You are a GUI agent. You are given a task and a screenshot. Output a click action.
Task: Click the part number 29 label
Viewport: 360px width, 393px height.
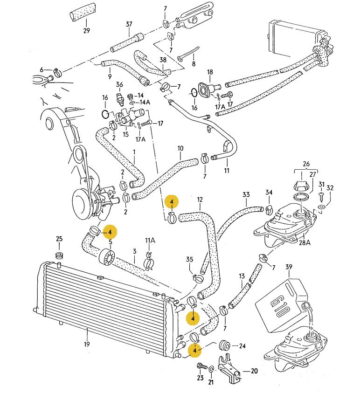[86, 31]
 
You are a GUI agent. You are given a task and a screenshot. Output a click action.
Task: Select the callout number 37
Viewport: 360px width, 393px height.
[129, 25]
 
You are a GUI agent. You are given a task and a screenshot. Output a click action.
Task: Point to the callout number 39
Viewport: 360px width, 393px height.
[289, 267]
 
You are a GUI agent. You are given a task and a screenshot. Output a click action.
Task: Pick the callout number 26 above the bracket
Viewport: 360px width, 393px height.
[306, 164]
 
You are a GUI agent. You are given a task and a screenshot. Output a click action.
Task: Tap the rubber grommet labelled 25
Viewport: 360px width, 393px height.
[59, 256]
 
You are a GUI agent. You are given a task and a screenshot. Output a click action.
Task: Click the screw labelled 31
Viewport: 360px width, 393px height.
[321, 196]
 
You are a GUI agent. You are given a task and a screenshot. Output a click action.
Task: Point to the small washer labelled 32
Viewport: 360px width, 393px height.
[322, 206]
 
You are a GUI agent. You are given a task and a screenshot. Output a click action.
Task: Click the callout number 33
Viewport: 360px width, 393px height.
[246, 194]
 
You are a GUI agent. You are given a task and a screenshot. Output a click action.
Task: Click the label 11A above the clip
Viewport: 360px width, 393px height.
[149, 241]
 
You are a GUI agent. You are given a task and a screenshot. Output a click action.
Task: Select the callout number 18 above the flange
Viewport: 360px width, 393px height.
[210, 72]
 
